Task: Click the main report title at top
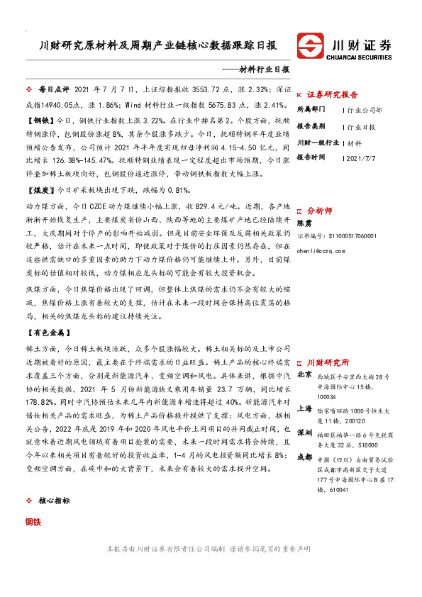pos(157,46)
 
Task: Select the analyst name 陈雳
pos(304,223)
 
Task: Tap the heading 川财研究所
pos(328,362)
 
